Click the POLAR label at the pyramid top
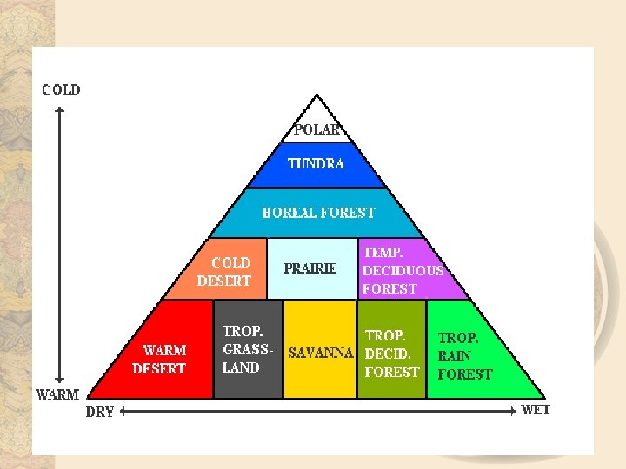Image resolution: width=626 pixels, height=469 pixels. point(316,130)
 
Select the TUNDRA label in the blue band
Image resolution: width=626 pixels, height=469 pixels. point(316,163)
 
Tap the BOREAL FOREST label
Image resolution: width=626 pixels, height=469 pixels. point(318,213)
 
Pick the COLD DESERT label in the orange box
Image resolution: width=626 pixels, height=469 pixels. point(224,272)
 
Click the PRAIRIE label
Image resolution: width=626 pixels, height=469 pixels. point(310,268)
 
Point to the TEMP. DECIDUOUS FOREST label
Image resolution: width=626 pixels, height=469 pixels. point(402,270)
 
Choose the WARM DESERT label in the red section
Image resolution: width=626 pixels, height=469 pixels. point(159,360)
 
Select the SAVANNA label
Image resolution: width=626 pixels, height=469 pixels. point(321,353)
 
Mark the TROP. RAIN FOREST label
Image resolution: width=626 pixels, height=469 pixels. point(464,356)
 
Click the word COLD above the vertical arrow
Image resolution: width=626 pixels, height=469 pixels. point(61,89)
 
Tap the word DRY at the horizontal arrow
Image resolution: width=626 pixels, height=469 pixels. point(100,412)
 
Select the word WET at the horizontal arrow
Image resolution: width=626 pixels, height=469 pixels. point(536,409)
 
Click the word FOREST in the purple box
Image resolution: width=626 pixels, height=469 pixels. point(390,288)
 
